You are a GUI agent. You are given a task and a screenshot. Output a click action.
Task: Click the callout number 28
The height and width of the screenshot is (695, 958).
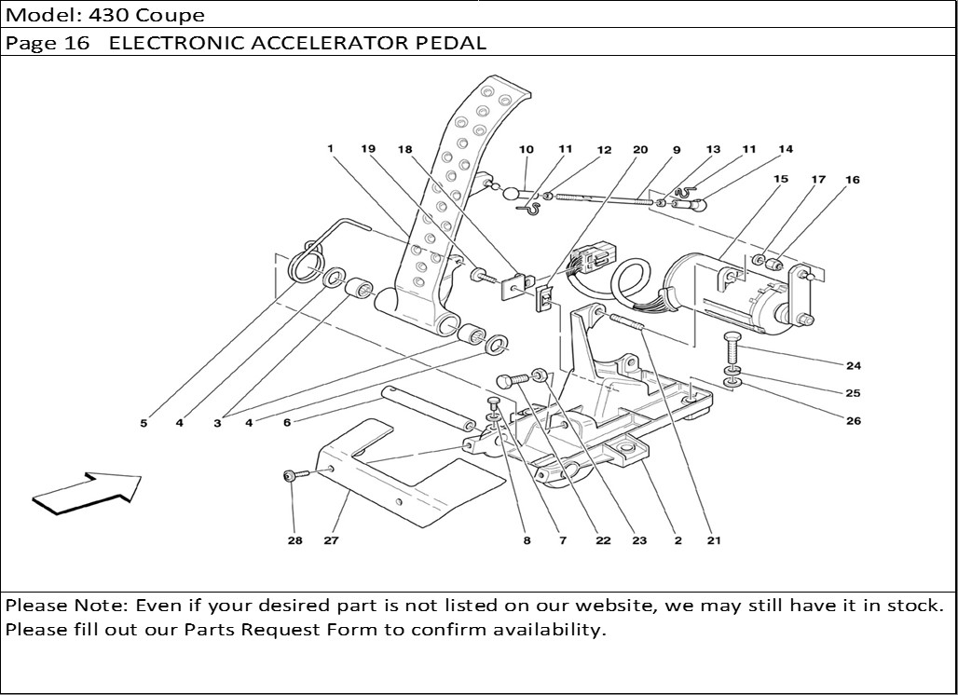294,540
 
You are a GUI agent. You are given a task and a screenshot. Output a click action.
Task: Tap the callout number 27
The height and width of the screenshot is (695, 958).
331,540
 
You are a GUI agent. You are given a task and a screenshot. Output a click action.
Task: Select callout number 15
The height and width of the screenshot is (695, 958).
780,179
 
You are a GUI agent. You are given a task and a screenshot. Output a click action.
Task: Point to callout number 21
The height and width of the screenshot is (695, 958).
714,540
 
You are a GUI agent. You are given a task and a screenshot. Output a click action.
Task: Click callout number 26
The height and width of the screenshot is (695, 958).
853,421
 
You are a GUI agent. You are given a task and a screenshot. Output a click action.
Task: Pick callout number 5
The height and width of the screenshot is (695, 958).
144,423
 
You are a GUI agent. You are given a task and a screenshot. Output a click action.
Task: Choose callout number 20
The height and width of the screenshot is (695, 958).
640,150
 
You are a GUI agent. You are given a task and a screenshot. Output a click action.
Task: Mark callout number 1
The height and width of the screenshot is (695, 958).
330,148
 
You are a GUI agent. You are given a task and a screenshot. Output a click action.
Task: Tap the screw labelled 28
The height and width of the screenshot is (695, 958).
291,476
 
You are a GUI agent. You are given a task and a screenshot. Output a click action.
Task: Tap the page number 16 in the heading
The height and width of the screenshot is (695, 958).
75,43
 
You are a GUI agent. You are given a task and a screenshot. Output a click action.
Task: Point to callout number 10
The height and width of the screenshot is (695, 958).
527,150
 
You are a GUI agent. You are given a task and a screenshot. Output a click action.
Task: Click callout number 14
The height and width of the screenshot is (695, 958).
786,150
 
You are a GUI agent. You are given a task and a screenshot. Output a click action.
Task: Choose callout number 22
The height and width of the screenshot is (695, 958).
604,540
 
